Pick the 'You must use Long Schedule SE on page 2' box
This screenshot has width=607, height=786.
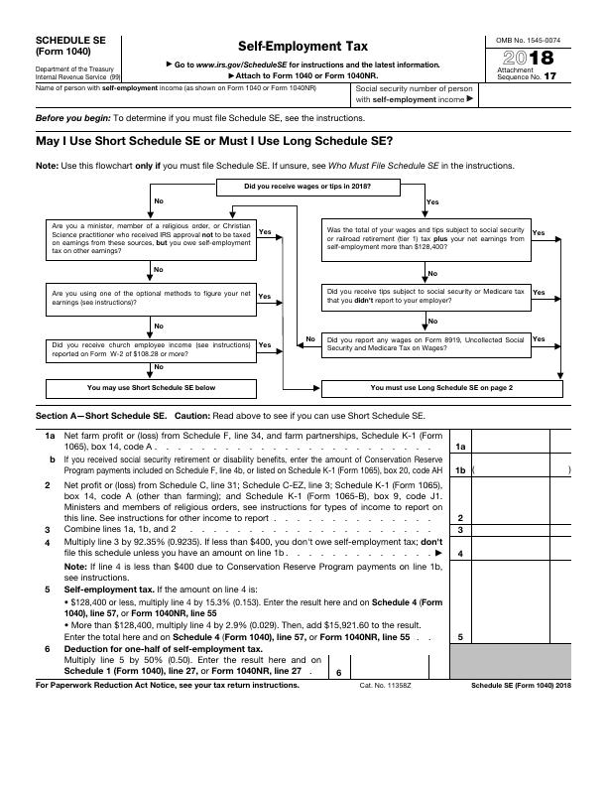click(440, 387)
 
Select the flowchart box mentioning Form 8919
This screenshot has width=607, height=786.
click(426, 343)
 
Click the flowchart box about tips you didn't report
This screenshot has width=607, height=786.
click(426, 297)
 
